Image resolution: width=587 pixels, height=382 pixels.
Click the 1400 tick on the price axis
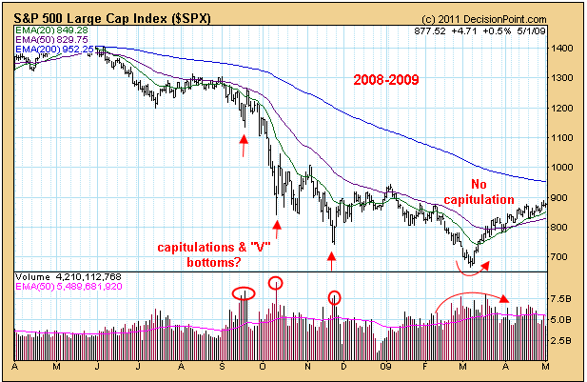point(561,48)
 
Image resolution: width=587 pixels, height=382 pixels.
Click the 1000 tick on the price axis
point(561,168)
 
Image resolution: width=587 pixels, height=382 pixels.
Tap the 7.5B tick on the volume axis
point(561,298)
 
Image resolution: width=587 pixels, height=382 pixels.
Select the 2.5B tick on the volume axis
point(561,340)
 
